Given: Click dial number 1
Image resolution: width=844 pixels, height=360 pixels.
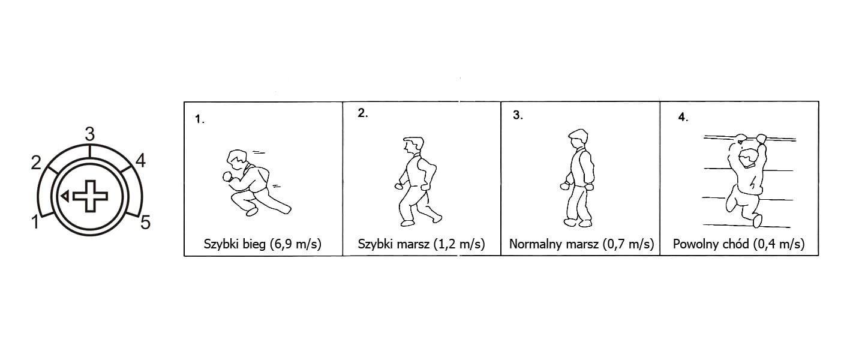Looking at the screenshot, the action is coord(35,222).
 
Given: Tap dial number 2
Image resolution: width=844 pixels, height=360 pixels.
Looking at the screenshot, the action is coord(36,163).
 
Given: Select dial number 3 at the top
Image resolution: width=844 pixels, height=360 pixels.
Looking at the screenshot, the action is coord(89,134).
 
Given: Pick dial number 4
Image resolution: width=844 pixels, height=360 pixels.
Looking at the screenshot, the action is coord(140,161).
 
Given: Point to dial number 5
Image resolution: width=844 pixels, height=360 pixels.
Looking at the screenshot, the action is coord(145,223).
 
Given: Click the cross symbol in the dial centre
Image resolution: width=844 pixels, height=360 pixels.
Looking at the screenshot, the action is coord(91,196).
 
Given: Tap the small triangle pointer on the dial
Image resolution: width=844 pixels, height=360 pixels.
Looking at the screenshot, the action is coord(65,196).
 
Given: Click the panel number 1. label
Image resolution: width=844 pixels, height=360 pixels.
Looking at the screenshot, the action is coord(199,119).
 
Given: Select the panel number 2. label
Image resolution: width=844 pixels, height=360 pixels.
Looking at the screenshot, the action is coord(362,113).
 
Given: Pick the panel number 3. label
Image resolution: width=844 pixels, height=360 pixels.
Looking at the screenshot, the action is coord(518,115).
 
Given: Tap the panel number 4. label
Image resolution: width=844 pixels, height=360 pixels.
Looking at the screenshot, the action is coord(683,117).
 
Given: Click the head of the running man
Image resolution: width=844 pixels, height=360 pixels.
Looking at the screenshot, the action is coord(237,160).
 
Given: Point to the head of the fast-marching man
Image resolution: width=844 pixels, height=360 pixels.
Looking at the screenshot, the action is coord(413,145).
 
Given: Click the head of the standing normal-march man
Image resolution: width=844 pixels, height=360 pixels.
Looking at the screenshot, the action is coord(578,139).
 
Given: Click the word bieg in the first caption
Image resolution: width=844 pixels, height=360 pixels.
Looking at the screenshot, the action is coord(254,244).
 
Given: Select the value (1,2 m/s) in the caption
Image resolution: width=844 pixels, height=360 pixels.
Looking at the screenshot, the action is coord(459,244).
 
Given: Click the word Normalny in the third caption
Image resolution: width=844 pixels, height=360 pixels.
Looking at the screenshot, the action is coord(534,244).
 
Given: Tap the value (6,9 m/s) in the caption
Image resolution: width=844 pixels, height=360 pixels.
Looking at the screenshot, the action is coord(296,244).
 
